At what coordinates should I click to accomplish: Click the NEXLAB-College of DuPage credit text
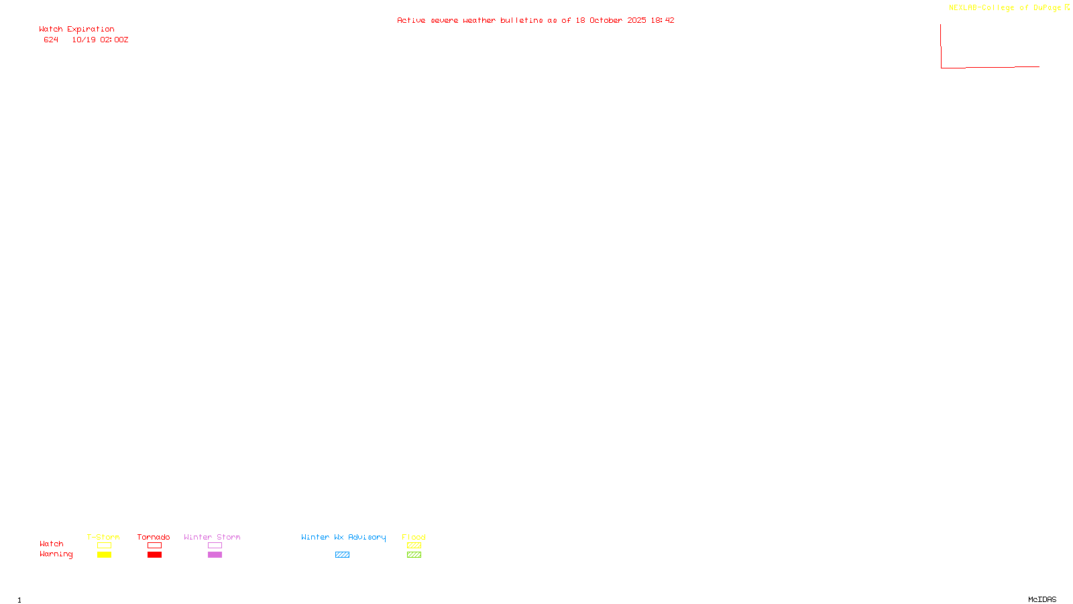pyautogui.click(x=1005, y=8)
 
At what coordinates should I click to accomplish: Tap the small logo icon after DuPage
pyautogui.click(x=1067, y=7)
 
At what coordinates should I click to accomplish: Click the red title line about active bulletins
pyautogui.click(x=535, y=20)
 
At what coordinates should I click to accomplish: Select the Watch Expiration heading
pyautogui.click(x=76, y=30)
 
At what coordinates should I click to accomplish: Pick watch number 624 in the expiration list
pyautogui.click(x=51, y=40)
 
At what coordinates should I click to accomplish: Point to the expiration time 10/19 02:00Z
pyautogui.click(x=100, y=40)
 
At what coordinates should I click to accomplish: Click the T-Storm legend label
pyautogui.click(x=103, y=537)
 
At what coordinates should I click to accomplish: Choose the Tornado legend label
pyautogui.click(x=154, y=537)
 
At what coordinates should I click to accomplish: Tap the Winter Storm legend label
pyautogui.click(x=212, y=537)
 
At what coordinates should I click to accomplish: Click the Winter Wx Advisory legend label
pyautogui.click(x=343, y=537)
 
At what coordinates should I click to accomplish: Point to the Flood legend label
pyautogui.click(x=414, y=537)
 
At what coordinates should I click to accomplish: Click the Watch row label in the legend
pyautogui.click(x=52, y=544)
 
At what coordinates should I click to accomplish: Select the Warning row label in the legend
pyautogui.click(x=56, y=554)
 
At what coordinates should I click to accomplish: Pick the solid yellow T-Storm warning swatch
pyautogui.click(x=104, y=555)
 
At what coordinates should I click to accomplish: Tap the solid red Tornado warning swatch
pyautogui.click(x=154, y=555)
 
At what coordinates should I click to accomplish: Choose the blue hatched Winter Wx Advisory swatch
pyautogui.click(x=342, y=555)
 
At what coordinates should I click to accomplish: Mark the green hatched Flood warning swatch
pyautogui.click(x=414, y=555)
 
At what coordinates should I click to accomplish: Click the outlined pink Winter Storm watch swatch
pyautogui.click(x=215, y=546)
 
